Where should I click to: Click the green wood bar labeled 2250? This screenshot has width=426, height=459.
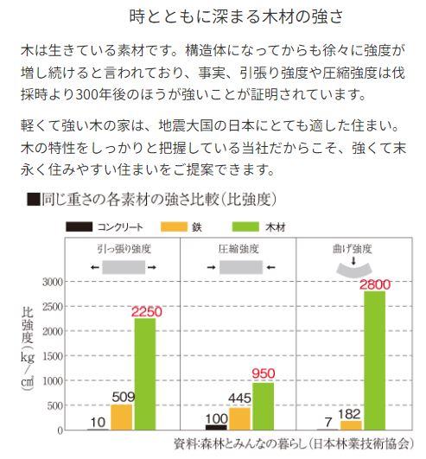(145, 373)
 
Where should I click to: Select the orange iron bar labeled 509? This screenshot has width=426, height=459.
(122, 418)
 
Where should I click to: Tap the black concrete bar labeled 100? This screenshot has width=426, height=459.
(216, 427)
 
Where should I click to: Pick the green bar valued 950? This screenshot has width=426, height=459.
(264, 406)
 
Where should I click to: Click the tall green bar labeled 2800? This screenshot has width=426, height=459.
(375, 360)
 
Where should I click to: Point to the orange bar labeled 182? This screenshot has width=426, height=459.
(351, 425)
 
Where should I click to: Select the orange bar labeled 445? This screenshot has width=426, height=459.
(239, 418)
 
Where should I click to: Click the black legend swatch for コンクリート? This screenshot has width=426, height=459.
(79, 226)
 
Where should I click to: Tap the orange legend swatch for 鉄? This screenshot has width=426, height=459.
(174, 226)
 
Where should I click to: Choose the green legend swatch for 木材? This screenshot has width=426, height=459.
(245, 226)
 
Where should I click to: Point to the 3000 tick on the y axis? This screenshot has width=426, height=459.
(53, 282)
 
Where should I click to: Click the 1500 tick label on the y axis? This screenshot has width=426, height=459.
(53, 356)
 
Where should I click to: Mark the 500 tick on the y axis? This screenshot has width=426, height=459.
(55, 405)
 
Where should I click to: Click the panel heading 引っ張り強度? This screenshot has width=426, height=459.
(124, 249)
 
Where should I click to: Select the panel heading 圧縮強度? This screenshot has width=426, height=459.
(238, 249)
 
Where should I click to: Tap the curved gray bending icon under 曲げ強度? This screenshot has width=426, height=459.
(353, 270)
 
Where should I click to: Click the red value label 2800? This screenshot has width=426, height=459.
(375, 285)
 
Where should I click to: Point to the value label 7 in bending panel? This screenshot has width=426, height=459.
(328, 422)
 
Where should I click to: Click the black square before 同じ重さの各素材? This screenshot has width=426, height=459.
(34, 199)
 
